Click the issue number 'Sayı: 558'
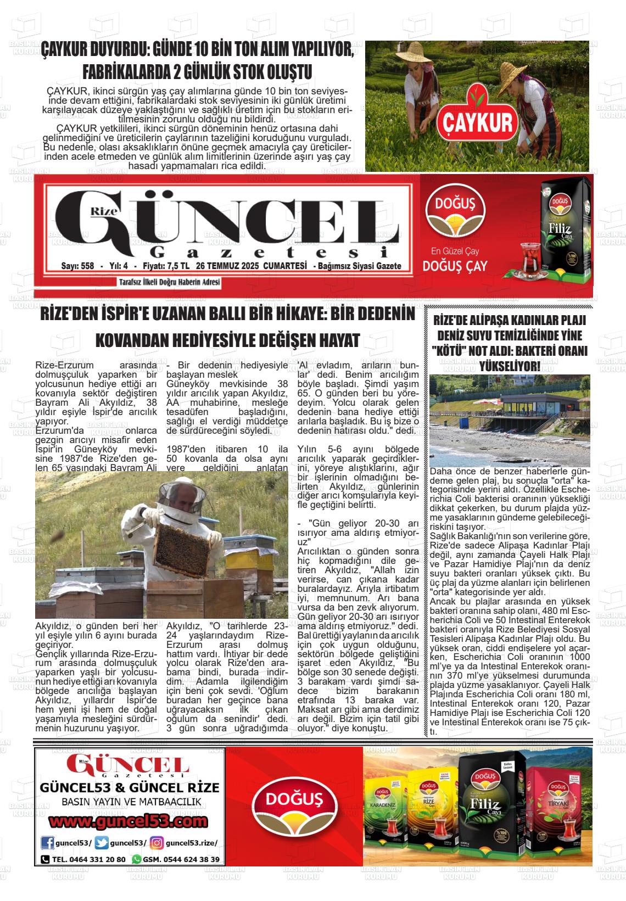click(77, 266)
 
